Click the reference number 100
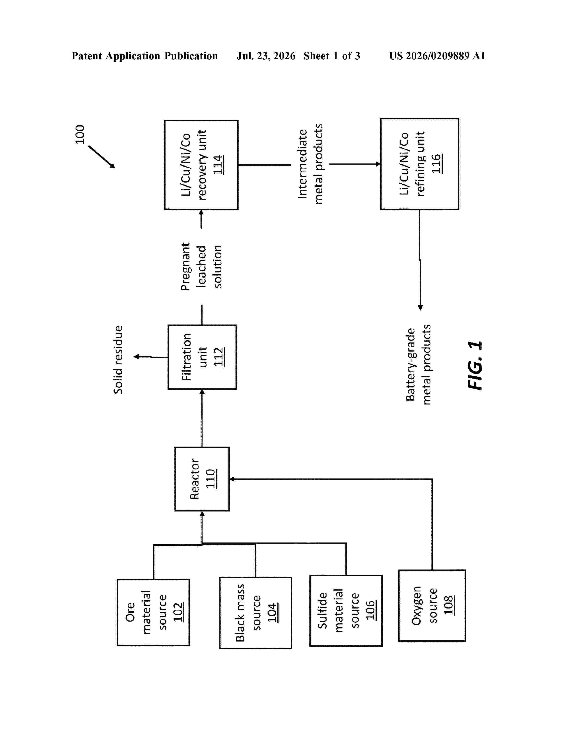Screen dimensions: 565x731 click(80, 134)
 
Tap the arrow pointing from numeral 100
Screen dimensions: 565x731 click(102, 157)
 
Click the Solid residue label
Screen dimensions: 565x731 click(118, 360)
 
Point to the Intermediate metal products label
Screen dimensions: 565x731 click(310, 164)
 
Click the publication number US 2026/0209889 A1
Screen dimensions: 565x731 click(437, 56)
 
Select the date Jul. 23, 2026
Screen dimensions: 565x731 click(266, 56)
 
